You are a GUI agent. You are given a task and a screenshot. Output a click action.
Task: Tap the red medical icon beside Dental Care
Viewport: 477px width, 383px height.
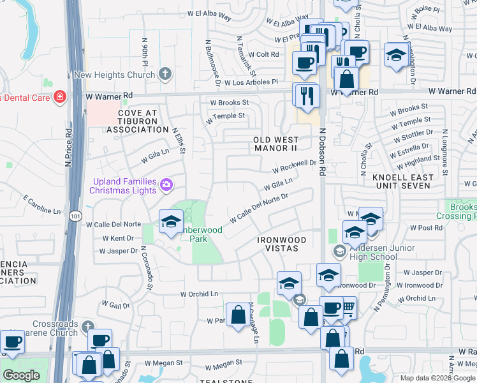pos(60,96)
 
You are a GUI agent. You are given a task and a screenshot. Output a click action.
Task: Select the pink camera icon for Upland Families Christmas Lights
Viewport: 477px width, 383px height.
pos(166,185)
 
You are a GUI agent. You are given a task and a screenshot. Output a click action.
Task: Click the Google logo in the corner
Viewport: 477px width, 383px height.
pos(21,375)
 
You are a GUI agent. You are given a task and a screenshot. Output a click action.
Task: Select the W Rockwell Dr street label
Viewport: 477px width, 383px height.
pos(295,167)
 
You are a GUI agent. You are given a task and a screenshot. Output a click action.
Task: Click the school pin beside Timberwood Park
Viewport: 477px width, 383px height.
pos(170,222)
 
